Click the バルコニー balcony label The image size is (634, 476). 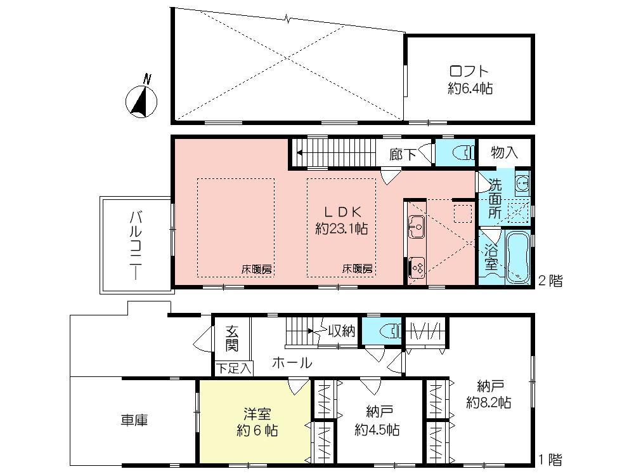(x=136, y=244)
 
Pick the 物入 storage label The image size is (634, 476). (x=505, y=153)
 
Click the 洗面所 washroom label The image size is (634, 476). (x=495, y=199)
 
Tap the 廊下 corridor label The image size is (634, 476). (x=402, y=154)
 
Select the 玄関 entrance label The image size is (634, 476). (x=232, y=338)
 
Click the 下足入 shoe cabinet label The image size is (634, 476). (x=233, y=367)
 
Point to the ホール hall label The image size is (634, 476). (x=292, y=363)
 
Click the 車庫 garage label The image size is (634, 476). (x=134, y=420)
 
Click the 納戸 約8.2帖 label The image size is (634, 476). (x=489, y=393)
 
